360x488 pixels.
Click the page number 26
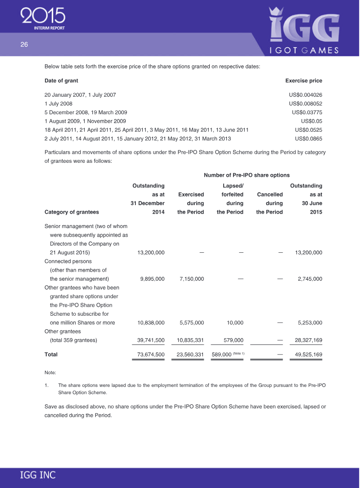(x=24, y=44)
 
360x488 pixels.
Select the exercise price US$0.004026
(x=306, y=95)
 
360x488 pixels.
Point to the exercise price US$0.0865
(x=308, y=139)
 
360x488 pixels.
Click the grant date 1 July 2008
(x=58, y=103)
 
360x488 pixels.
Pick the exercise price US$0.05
(x=311, y=121)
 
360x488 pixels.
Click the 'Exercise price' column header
(x=304, y=81)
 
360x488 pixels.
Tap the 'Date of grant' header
(x=61, y=81)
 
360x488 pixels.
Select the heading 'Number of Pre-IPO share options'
(x=247, y=175)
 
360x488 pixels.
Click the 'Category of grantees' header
(x=72, y=212)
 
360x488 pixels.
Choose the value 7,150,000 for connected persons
(x=191, y=279)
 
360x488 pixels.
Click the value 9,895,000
(x=152, y=279)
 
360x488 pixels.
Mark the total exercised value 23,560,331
(x=190, y=354)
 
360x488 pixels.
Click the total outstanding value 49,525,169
(x=308, y=354)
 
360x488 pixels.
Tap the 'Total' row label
(x=51, y=354)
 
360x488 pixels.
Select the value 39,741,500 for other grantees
(x=150, y=340)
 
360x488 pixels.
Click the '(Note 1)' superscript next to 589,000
(x=238, y=354)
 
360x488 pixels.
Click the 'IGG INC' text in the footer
(x=38, y=475)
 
